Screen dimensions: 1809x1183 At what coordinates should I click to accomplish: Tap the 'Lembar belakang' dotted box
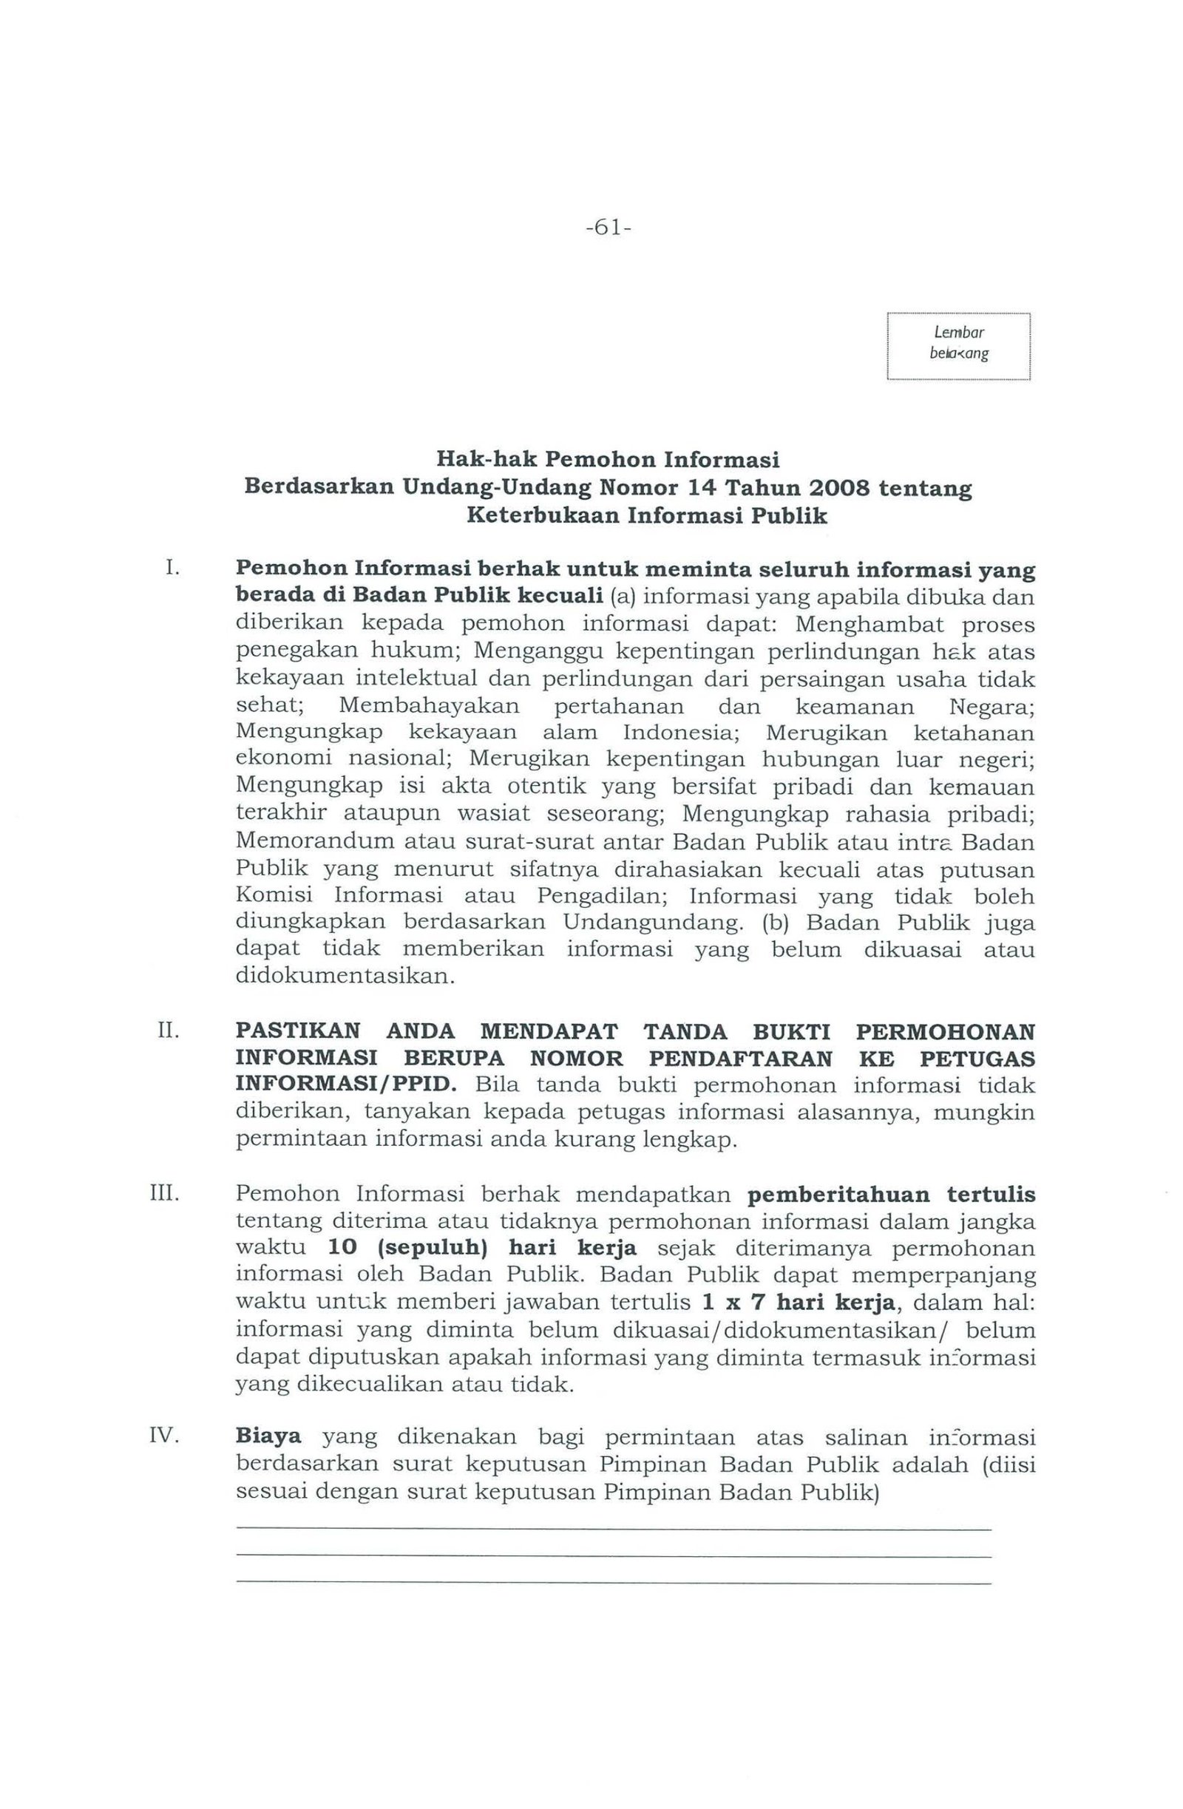coord(957,346)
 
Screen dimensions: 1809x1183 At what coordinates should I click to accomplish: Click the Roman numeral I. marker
coord(172,568)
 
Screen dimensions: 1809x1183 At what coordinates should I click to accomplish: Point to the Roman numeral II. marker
coord(168,1032)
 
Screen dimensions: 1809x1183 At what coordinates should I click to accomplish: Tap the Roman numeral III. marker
coord(165,1195)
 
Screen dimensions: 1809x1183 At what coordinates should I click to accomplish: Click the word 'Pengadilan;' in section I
coord(602,896)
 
